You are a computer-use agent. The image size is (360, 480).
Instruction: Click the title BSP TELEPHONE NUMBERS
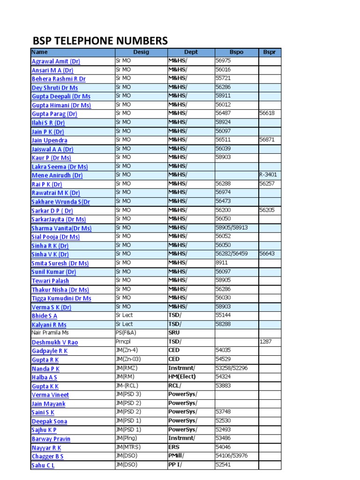[x=99, y=41]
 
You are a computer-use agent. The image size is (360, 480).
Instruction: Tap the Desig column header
[x=141, y=52]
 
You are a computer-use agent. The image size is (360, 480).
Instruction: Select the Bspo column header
[x=236, y=52]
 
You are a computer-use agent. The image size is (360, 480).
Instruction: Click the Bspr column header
[x=269, y=52]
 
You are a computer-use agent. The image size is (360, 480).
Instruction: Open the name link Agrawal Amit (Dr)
[x=56, y=61]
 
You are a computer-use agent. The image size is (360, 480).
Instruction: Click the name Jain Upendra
[x=49, y=140]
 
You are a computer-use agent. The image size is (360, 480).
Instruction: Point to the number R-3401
[x=268, y=175]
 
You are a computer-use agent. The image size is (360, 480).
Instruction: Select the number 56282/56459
[x=232, y=254]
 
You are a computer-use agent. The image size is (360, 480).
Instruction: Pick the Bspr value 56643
[x=267, y=254]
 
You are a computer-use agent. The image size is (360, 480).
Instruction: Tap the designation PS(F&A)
[x=126, y=332]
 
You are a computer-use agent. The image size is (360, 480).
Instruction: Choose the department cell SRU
[x=174, y=332]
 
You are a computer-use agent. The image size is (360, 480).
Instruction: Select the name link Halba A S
[x=45, y=377]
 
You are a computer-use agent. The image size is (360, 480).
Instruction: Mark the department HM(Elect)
[x=182, y=376]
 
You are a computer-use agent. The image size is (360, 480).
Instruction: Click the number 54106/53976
[x=232, y=456]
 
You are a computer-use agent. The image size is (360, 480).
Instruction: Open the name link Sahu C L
[x=43, y=465]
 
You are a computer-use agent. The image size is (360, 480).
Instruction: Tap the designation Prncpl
[x=123, y=342]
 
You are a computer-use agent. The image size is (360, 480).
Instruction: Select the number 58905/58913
[x=232, y=227]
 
